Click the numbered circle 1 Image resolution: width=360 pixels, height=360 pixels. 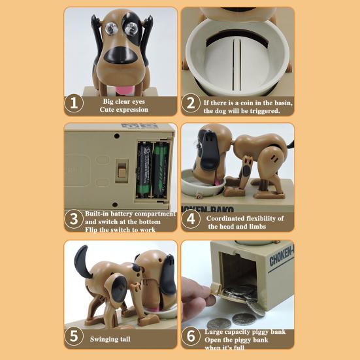pos(74,103)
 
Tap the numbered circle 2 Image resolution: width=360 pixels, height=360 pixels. pos(191,103)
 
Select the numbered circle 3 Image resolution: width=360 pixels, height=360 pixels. pos(74,219)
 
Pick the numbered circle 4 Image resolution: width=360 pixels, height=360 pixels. pos(191,219)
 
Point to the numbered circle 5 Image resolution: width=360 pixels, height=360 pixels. pos(74,336)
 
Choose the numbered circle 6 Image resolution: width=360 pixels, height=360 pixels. pos(191,336)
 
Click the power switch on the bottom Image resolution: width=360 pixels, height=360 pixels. pos(122,171)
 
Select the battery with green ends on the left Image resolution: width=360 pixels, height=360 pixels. pos(144,169)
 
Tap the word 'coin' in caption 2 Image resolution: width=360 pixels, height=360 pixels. pos(248,103)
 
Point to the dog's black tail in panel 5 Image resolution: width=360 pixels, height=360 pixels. pos(82,261)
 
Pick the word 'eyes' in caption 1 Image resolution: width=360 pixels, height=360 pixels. pos(139,101)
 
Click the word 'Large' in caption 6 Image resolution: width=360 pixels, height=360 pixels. pos(214,332)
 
